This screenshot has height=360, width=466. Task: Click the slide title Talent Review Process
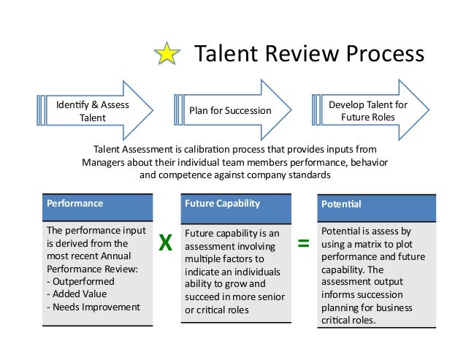[x=308, y=54]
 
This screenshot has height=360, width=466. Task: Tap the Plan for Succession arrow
[x=230, y=111]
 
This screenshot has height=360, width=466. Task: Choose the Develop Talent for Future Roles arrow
[x=367, y=111]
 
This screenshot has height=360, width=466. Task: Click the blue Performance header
[x=99, y=205]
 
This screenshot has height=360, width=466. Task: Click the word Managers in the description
[x=102, y=162]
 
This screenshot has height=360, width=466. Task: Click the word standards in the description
[x=306, y=175]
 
